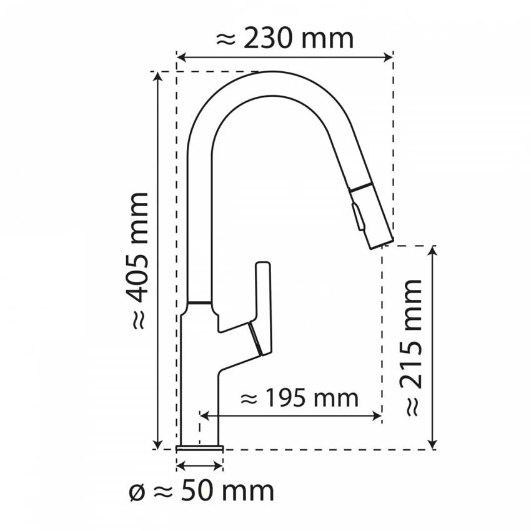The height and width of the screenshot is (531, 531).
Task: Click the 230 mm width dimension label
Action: coord(284,39)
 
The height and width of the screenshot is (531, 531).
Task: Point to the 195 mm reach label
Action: coord(299,398)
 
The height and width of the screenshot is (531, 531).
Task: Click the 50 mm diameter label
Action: coord(201,491)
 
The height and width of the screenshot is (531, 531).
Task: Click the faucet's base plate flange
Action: coord(200,447)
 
